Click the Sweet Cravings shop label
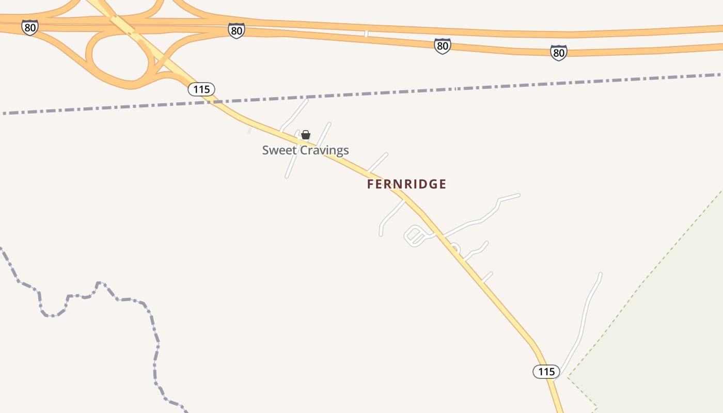click(305, 150)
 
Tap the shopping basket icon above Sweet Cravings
click(306, 135)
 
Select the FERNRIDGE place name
click(406, 184)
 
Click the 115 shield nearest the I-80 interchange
click(201, 89)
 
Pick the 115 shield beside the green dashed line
click(546, 372)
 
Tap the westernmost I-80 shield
click(30, 27)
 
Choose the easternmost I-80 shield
click(558, 53)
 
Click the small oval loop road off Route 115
click(415, 237)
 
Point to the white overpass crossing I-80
click(366, 34)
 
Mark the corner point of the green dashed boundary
click(568, 377)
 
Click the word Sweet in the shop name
click(275, 150)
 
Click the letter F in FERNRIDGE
click(370, 184)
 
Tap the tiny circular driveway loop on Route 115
click(454, 247)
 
